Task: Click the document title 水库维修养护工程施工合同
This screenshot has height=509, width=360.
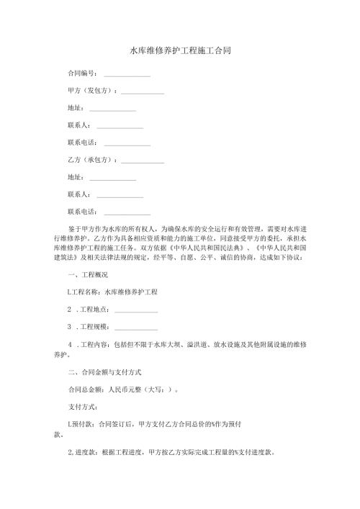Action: pos(179,51)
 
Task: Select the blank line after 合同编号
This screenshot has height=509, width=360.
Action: pos(127,76)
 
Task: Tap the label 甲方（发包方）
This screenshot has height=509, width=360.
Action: pos(91,91)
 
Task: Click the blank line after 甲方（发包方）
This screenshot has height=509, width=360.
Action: pos(143,93)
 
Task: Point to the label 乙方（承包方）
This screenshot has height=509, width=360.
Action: pos(91,159)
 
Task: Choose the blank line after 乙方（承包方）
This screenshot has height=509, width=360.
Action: pos(143,161)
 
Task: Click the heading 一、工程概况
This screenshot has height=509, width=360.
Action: pos(87,275)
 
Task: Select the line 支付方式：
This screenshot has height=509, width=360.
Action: pos(81,407)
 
